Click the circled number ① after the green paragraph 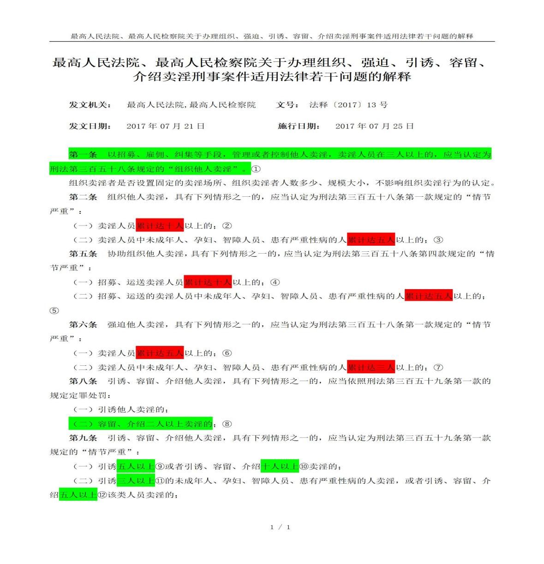(x=256, y=169)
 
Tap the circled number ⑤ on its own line (x=54, y=310)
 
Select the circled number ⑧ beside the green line (x=227, y=424)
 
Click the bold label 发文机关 (x=90, y=105)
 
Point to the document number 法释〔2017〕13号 (x=348, y=105)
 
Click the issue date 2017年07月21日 (x=165, y=126)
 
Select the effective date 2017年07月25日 (x=374, y=126)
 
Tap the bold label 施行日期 (x=299, y=126)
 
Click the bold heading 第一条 (x=83, y=155)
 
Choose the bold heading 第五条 (x=83, y=254)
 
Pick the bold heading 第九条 (x=83, y=437)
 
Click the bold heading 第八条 (x=83, y=381)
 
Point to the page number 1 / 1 (x=280, y=527)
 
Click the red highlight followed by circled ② (x=160, y=226)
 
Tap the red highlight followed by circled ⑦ (x=371, y=367)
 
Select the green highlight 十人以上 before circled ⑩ (x=280, y=467)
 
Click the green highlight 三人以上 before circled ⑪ (x=136, y=481)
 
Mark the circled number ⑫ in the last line (x=102, y=495)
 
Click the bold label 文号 (x=287, y=105)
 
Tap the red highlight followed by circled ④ (x=208, y=282)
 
